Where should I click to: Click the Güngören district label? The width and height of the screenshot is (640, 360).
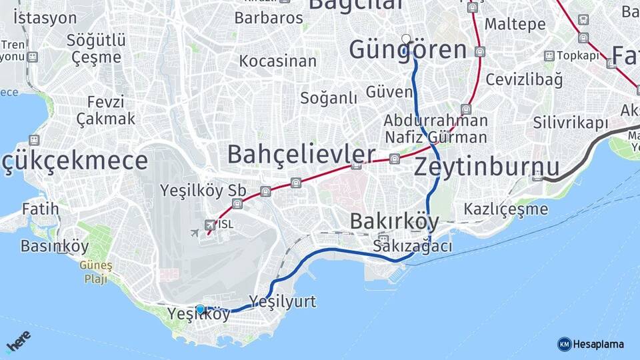[x=407, y=50]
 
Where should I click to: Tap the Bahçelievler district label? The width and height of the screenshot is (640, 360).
[x=301, y=155]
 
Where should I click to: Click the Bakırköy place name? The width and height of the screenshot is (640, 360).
[x=394, y=221]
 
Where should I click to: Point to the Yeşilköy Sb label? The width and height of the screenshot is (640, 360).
[x=203, y=190]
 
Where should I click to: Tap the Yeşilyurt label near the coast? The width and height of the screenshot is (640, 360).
[x=283, y=301]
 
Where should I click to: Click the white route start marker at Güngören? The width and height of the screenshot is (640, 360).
[x=406, y=39]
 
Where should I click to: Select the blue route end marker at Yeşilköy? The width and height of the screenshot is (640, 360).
[x=200, y=309]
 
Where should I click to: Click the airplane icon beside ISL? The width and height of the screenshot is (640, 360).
[x=195, y=233]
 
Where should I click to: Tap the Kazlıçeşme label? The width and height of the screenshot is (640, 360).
[x=506, y=209]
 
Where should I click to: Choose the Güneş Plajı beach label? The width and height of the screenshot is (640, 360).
[x=96, y=272]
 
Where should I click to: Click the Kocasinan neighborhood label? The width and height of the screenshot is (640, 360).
[x=277, y=61]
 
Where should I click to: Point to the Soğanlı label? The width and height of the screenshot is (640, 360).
[x=329, y=98]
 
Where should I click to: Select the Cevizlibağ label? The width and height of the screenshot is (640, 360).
[x=524, y=79]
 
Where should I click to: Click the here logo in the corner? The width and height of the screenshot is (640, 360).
[x=18, y=341]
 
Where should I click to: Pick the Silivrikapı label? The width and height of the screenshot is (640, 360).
[x=571, y=123]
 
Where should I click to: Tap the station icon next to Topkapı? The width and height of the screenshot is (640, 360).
[x=549, y=56]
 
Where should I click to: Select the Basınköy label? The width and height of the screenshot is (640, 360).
[x=55, y=247]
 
